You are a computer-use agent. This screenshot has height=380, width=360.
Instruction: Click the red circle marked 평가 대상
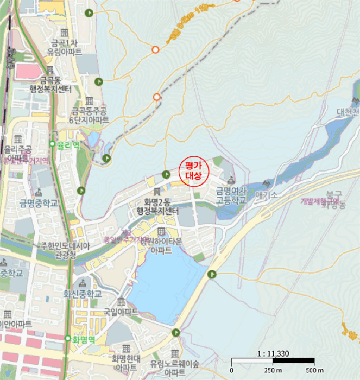point(193,172)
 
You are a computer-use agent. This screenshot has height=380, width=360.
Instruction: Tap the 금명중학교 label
point(39,203)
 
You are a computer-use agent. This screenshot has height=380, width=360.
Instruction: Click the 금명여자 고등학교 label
point(231,195)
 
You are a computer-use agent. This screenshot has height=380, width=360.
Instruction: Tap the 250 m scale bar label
point(272,371)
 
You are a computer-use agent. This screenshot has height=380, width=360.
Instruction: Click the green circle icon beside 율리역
point(53,144)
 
